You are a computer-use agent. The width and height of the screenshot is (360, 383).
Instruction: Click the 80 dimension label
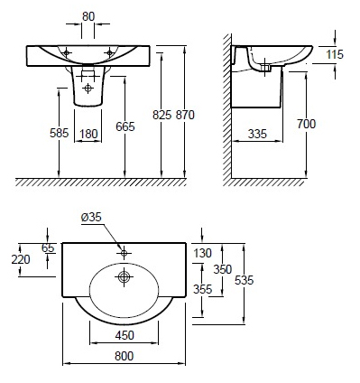[88, 16]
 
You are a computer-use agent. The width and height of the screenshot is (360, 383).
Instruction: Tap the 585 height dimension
[60, 133]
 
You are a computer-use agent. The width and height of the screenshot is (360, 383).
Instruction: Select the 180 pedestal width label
[89, 134]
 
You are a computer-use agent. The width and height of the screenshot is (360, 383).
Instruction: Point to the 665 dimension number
[125, 126]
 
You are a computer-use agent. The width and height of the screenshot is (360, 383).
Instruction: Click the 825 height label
[162, 115]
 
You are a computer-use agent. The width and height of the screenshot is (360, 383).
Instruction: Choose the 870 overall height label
[185, 115]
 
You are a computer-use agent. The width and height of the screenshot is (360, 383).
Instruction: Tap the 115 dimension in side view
[335, 54]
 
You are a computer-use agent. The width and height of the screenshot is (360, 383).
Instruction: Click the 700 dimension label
[307, 124]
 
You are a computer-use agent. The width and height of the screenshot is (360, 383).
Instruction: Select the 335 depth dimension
[257, 134]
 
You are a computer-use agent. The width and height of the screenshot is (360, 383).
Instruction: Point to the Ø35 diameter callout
[91, 217]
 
